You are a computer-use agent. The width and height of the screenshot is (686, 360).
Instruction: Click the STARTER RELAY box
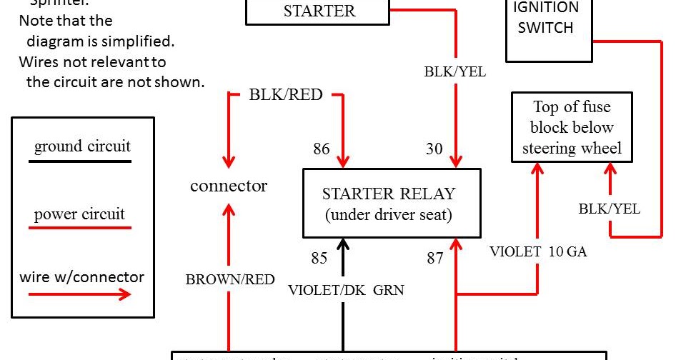[392, 203]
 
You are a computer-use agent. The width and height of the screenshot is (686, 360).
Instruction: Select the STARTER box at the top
[319, 11]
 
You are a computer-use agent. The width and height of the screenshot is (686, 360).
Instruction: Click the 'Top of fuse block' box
[572, 128]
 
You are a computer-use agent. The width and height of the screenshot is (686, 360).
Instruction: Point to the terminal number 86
[322, 149]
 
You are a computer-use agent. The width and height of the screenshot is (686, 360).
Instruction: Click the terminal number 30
[434, 149]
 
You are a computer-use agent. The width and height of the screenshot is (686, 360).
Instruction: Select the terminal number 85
[319, 258]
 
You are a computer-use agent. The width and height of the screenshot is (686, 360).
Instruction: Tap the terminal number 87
[435, 258]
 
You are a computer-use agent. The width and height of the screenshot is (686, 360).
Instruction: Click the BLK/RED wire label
[285, 95]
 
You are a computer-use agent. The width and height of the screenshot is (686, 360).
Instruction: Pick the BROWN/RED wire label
[230, 280]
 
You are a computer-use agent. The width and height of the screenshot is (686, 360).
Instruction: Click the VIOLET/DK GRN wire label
[346, 290]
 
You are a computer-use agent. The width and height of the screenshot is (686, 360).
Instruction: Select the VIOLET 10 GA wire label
[538, 251]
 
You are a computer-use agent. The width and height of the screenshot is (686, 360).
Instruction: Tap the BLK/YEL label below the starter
[454, 71]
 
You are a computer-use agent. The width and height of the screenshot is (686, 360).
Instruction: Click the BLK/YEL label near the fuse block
[609, 209]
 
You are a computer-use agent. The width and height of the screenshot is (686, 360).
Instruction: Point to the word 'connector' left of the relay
[229, 186]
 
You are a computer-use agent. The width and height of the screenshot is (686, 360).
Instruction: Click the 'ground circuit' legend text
[83, 146]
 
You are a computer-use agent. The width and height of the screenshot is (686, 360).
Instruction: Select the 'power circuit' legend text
[79, 214]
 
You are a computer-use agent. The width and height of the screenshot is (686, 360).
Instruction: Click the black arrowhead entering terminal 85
[343, 245]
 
